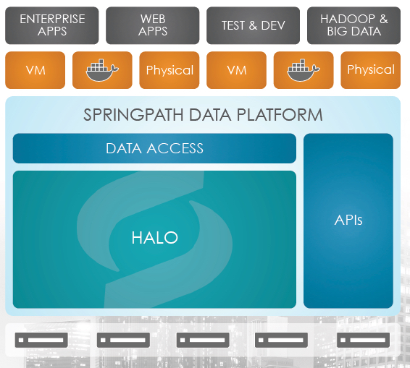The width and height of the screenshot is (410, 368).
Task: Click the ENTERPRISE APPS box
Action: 52,25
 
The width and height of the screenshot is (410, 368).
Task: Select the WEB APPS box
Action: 152,25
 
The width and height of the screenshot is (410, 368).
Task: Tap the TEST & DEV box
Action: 253,25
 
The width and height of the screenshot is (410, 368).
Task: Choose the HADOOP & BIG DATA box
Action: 353,25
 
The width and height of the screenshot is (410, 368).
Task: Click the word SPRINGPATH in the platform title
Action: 133,115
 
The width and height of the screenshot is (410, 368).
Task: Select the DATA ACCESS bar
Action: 154,148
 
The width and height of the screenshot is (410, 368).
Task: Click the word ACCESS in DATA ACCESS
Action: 175,148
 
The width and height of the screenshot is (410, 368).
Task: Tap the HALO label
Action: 155,238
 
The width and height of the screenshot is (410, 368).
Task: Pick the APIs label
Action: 348,220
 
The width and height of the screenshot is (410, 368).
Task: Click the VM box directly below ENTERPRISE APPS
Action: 35,70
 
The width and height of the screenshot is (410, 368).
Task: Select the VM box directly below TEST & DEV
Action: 236,70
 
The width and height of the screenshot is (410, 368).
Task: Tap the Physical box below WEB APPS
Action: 170,70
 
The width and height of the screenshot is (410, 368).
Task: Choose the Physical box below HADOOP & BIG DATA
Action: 370,70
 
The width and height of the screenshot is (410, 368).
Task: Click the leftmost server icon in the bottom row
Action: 41,340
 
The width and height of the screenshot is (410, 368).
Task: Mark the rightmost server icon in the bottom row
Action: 363,340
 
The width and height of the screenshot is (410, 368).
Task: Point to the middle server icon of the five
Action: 203,340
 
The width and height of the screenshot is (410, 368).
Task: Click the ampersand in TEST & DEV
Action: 253,25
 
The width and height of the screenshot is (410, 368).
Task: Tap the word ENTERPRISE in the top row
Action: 52,19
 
